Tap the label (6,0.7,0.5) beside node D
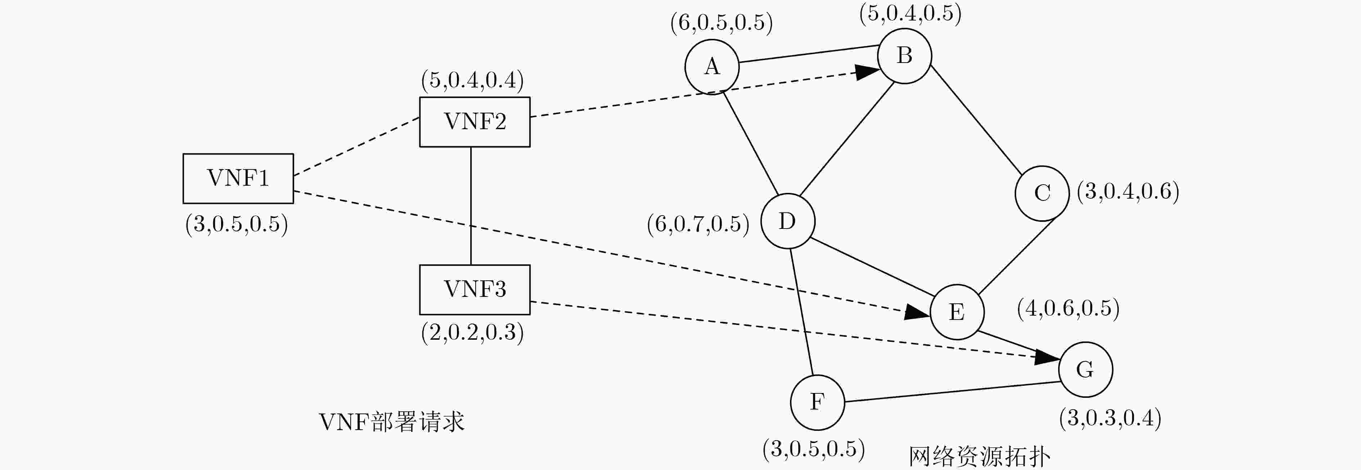[x=698, y=225]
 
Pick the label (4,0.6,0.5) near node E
[x=1068, y=308]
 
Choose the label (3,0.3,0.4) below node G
[x=1110, y=418]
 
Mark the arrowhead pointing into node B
[x=867, y=72]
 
